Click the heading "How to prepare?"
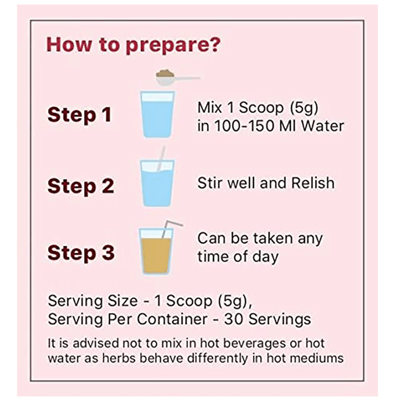point(133,45)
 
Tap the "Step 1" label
point(80,115)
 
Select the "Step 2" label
point(81,186)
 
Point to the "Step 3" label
point(81,253)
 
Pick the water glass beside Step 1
point(157,115)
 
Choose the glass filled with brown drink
point(156,251)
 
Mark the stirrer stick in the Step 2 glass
point(161,159)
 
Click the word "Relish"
point(313,183)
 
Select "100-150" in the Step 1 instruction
point(244,126)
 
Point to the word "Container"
point(172,320)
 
